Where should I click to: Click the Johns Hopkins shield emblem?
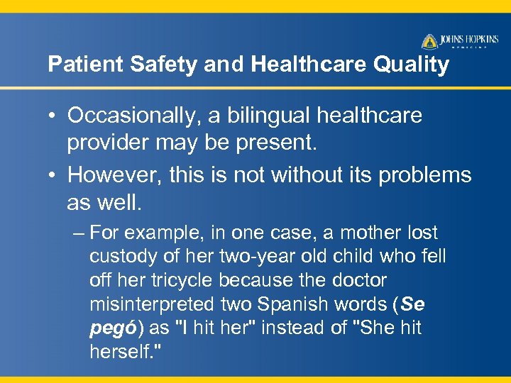click(x=429, y=41)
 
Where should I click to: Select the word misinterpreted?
click(x=151, y=304)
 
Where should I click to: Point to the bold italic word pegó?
click(x=110, y=328)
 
